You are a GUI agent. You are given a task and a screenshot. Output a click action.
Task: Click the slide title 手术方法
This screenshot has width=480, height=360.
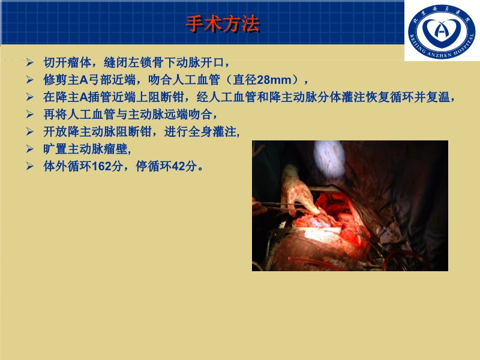[222, 25]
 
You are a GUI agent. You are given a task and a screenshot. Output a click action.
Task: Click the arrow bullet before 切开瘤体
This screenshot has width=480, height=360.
[30, 62]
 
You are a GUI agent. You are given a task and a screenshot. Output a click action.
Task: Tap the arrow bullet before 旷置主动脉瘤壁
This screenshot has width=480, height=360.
[30, 149]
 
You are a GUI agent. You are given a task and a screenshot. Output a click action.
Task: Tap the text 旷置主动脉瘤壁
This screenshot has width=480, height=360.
[85, 149]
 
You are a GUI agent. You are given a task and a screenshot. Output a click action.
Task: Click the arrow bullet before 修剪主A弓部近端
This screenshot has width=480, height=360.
[30, 79]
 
